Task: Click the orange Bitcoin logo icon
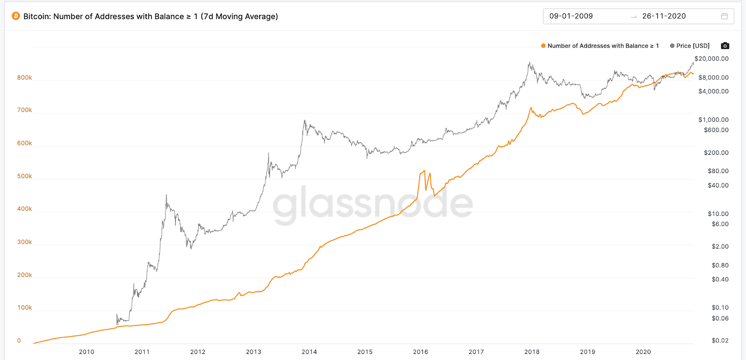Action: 16,16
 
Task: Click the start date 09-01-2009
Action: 571,16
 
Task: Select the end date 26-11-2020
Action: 664,16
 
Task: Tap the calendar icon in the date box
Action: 724,16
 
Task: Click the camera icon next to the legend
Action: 725,46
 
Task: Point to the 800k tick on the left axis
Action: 24,77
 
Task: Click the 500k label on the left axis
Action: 24,176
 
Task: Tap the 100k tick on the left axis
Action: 24,308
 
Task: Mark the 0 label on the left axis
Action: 19,340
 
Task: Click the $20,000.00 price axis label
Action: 711,59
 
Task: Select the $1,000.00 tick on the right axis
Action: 713,120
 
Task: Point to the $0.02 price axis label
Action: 720,340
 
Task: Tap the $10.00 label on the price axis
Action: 718,214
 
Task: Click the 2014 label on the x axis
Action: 309,352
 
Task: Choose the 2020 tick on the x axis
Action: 643,352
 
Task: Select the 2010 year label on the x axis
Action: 86,352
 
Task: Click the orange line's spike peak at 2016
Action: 424,171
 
